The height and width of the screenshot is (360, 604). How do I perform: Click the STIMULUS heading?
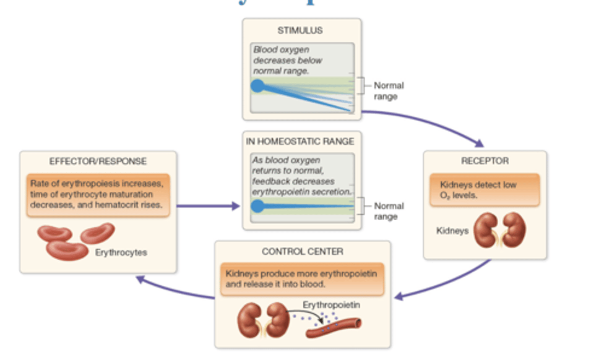[x=300, y=31]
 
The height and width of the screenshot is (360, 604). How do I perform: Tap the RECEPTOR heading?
[x=485, y=161]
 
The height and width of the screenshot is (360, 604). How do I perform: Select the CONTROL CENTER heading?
[x=302, y=252]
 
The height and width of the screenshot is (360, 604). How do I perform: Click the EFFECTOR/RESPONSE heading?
[x=98, y=162]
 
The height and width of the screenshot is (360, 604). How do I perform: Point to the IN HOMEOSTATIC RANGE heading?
[x=300, y=142]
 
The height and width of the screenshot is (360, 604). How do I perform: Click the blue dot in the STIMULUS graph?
[x=258, y=86]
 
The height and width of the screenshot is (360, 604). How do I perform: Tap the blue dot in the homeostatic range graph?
[x=258, y=206]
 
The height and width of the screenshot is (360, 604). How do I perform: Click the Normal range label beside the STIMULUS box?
[x=388, y=91]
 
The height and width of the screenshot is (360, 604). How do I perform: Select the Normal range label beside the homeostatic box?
[x=388, y=211]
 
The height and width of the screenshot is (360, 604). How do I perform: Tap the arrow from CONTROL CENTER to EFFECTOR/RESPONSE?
[x=176, y=290]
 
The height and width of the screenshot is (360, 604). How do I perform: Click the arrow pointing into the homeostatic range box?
[x=208, y=206]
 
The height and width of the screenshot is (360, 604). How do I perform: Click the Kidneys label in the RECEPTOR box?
[x=452, y=231]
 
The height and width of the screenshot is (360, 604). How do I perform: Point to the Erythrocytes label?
[x=121, y=253]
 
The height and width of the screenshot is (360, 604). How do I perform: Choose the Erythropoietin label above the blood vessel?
[x=331, y=305]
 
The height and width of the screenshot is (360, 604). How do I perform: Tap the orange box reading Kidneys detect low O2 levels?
[x=484, y=190]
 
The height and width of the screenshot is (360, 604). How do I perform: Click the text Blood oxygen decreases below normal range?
[x=288, y=60]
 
